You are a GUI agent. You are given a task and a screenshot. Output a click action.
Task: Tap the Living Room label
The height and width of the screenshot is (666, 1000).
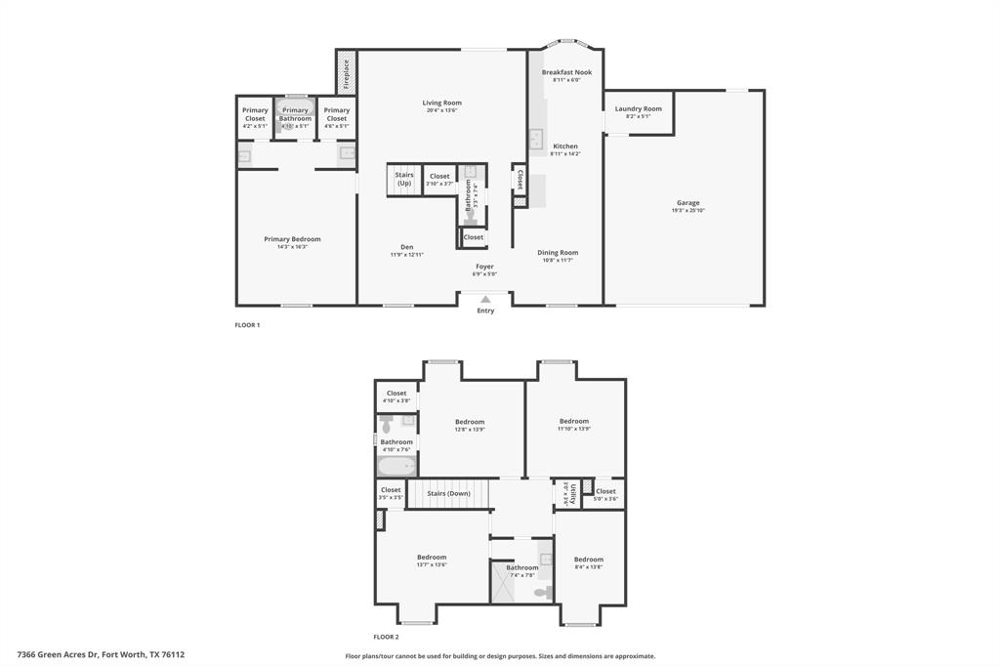click(441, 103)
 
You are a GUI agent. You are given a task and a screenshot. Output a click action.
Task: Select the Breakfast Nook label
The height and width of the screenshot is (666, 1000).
click(566, 72)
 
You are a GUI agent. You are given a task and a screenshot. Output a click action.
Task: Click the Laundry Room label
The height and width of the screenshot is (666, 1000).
click(638, 109)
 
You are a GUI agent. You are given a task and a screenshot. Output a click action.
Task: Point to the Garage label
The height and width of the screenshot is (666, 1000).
click(687, 203)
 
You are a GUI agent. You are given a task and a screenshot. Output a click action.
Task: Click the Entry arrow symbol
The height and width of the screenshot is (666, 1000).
click(485, 300)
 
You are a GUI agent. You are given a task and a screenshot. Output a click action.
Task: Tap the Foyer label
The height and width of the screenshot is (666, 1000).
click(484, 267)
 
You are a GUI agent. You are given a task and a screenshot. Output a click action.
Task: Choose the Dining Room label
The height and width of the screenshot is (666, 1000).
click(558, 253)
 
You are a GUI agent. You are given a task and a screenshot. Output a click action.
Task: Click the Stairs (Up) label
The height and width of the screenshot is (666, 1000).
click(403, 180)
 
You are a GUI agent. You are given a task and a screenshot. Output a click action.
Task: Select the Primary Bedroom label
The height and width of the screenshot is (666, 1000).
click(292, 239)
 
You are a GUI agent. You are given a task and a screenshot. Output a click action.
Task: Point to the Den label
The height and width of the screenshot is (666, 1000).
click(407, 247)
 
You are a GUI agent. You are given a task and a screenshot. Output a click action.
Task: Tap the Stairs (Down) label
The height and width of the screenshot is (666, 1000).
click(448, 493)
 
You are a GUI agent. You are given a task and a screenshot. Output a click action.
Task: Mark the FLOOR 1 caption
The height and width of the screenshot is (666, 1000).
click(247, 324)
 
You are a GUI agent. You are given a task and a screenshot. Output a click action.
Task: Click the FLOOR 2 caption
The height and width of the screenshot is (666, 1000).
click(386, 636)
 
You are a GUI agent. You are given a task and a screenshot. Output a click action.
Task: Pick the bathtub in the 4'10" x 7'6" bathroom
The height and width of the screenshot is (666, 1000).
click(396, 465)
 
